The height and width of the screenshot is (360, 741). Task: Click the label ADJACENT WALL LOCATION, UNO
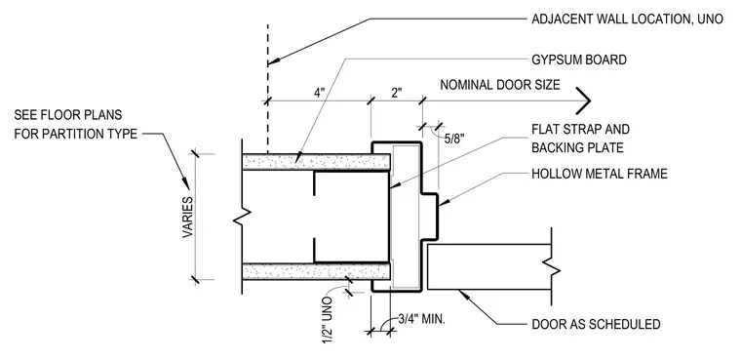tap(627, 19)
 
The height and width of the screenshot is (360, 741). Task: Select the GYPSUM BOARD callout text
tap(579, 60)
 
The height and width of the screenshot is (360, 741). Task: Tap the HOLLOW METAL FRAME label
tap(600, 174)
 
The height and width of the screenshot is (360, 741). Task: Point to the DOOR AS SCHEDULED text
tap(596, 325)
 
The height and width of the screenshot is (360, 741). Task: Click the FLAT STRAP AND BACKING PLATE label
tap(581, 139)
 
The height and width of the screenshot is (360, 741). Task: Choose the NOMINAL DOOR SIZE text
tap(500, 85)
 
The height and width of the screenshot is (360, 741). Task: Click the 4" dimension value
tap(320, 93)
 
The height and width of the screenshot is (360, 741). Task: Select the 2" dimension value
tap(396, 93)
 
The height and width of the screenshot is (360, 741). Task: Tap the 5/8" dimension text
tap(455, 139)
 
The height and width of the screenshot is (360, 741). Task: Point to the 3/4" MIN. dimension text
tap(421, 319)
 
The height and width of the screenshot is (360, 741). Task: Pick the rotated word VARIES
tap(188, 218)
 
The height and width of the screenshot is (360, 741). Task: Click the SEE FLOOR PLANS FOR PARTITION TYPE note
tap(76, 125)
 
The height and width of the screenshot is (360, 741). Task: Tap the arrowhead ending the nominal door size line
tap(586, 100)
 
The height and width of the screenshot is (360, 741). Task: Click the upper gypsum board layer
tap(316, 162)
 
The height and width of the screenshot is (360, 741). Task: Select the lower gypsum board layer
tap(316, 271)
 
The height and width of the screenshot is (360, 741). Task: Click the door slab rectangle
tap(489, 266)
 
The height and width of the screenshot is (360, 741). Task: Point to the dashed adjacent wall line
tap(268, 89)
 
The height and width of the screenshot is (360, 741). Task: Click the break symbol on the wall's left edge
tap(242, 217)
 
